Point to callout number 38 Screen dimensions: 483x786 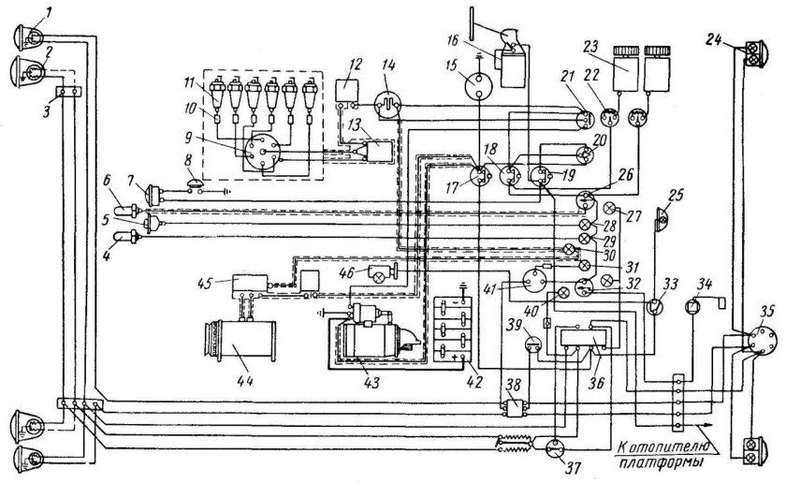point(513,388)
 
